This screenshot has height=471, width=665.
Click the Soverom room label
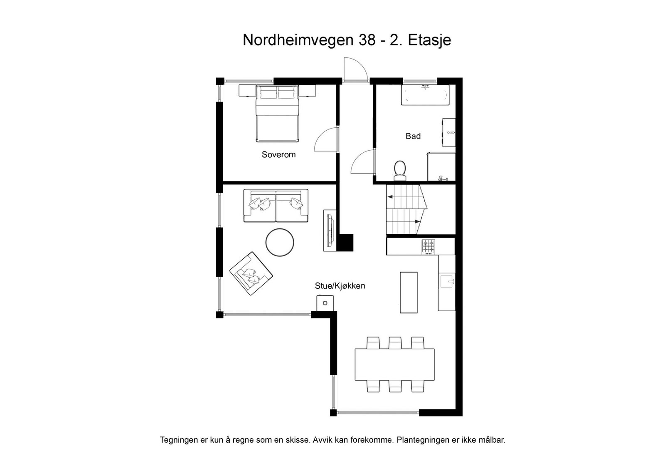click(278, 155)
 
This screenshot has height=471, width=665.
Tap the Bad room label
click(413, 136)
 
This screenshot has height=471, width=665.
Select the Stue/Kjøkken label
click(340, 286)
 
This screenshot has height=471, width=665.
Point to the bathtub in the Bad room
click(425, 95)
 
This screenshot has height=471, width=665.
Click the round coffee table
click(280, 242)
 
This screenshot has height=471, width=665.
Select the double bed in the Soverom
click(277, 113)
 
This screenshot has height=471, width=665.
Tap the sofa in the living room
click(276, 206)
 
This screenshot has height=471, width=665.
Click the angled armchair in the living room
click(251, 273)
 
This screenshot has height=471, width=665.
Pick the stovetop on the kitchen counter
click(429, 246)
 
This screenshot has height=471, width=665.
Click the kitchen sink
click(447, 281)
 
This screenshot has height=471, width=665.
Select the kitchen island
click(409, 292)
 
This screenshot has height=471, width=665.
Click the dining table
click(394, 364)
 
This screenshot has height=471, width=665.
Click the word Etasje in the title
click(429, 40)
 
